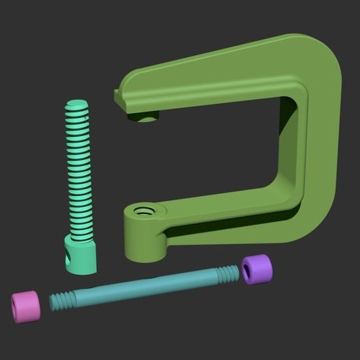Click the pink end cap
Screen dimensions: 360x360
pos(27,306)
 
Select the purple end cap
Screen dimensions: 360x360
pos(257,270)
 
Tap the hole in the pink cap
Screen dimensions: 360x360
pos(17,305)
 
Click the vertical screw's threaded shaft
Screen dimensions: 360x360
pos(80,174)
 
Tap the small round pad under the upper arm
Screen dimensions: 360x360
pos(147,118)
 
